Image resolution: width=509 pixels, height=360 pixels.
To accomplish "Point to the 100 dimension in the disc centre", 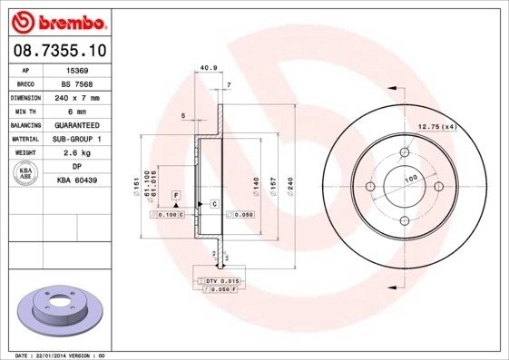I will click(409, 179).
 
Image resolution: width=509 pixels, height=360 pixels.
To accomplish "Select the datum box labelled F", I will click(176, 196).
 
